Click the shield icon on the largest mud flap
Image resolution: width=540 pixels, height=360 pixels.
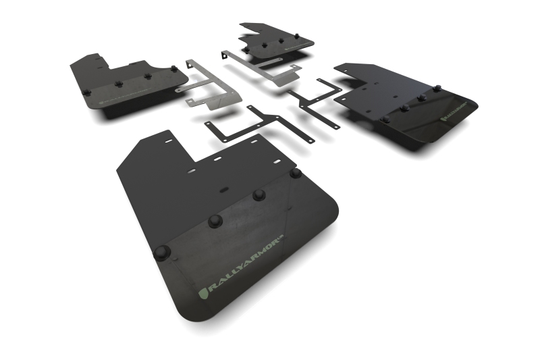[x=203, y=292]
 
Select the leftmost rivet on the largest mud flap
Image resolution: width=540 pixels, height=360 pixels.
[x=161, y=253]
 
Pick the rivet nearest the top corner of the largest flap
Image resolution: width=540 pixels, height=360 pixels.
[x=296, y=173]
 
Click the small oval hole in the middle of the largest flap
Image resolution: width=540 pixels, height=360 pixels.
[x=223, y=191]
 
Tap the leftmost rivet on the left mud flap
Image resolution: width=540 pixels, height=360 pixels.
[x=86, y=93]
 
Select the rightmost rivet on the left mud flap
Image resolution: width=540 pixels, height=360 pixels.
[x=174, y=69]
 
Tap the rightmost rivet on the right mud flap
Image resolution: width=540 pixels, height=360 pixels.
[x=437, y=88]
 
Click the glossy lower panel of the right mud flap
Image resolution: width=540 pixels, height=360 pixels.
[x=432, y=122]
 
